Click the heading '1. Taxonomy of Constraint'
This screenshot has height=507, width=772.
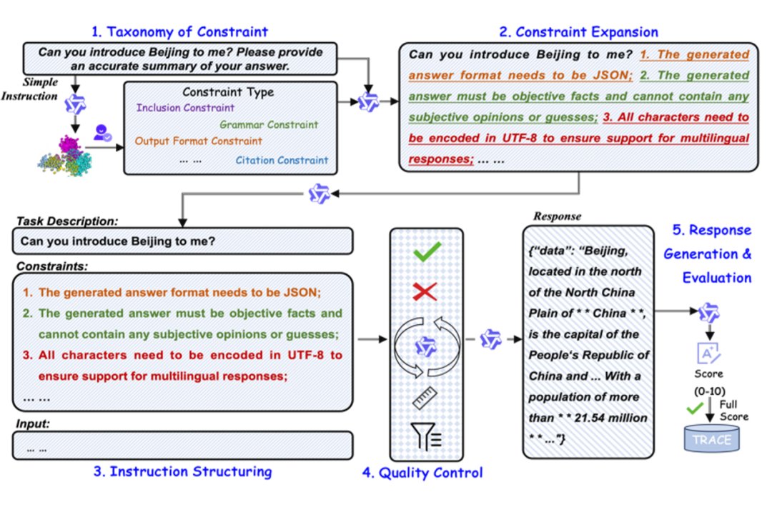click(179, 31)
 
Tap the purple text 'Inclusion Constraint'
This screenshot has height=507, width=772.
click(185, 108)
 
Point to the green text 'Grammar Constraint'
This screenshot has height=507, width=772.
click(269, 124)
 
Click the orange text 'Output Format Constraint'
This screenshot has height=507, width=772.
click(199, 141)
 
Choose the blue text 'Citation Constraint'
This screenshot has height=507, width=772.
click(282, 160)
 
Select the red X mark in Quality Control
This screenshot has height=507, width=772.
click(427, 291)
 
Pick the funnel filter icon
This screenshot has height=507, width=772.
click(427, 435)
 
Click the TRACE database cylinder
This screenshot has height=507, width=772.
click(712, 439)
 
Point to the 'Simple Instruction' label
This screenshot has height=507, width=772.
click(40, 89)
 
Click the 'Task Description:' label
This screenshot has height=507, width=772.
click(67, 221)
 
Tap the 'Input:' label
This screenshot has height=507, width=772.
click(33, 424)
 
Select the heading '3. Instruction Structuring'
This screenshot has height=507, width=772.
click(183, 471)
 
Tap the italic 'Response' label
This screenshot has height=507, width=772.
click(558, 216)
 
